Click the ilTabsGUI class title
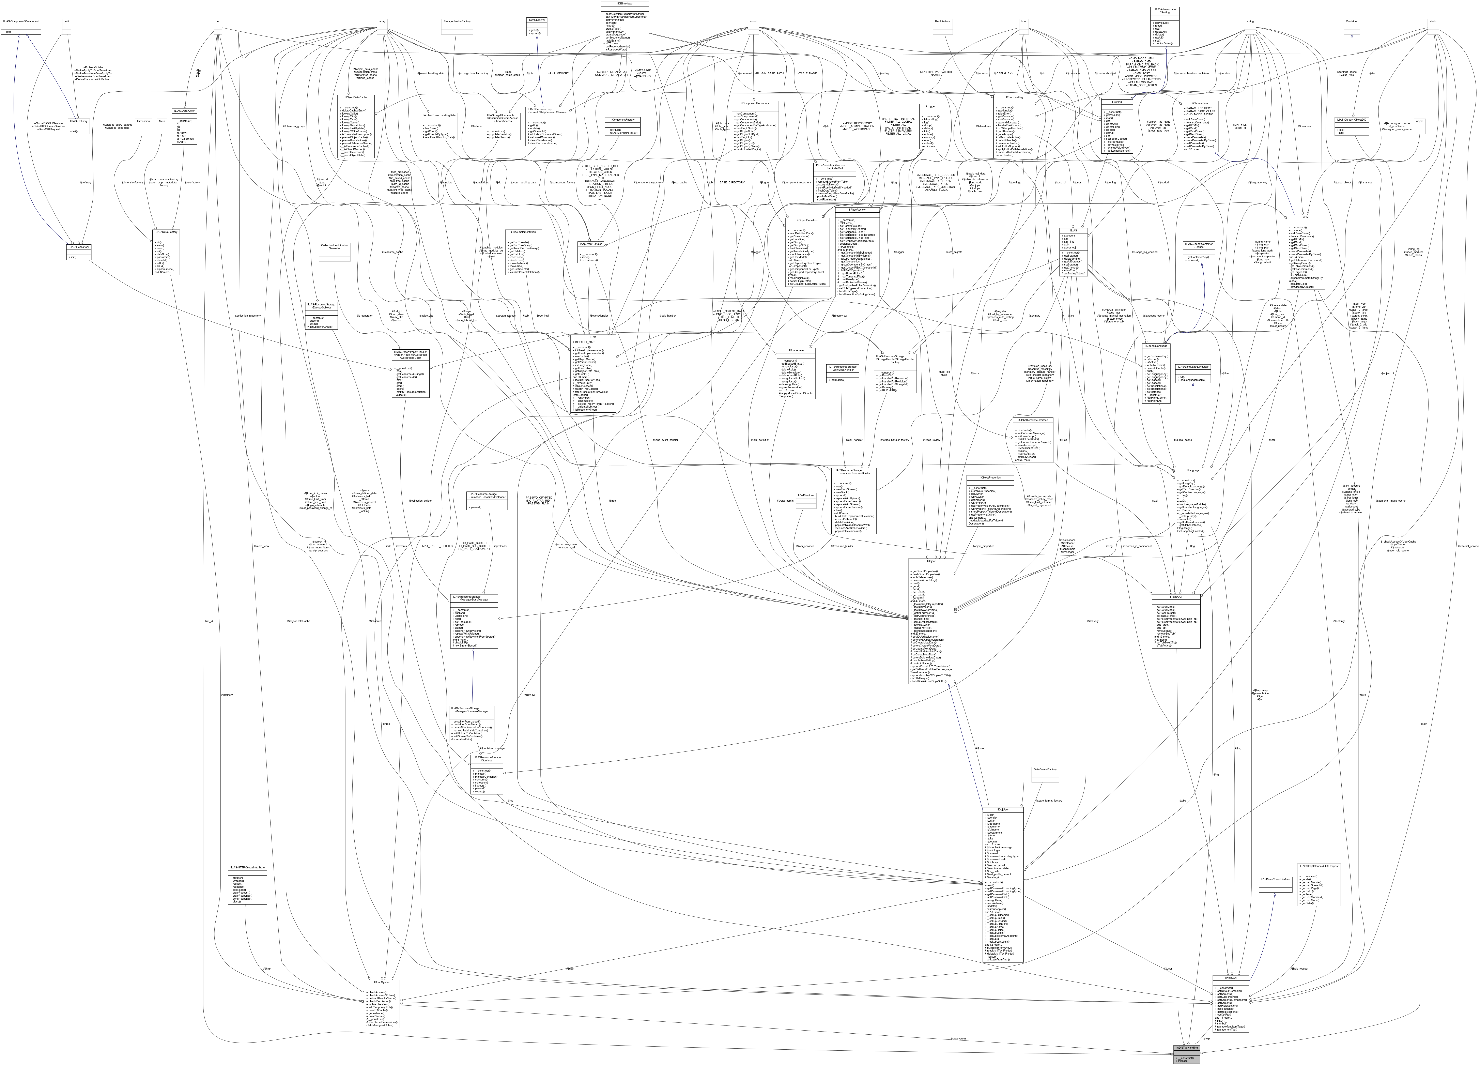(1176, 596)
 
